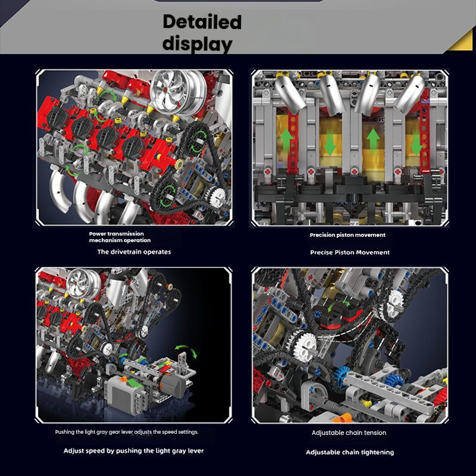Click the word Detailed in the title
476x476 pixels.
pyautogui.click(x=202, y=22)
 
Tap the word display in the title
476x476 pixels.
pyautogui.click(x=198, y=43)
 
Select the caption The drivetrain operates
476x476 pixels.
pyautogui.click(x=134, y=252)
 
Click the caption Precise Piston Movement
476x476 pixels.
pyautogui.click(x=350, y=252)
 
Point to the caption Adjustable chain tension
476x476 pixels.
pyautogui.click(x=349, y=433)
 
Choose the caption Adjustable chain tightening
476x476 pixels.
pyautogui.click(x=350, y=452)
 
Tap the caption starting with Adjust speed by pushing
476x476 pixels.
pyautogui.click(x=134, y=451)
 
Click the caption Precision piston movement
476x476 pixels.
pyautogui.click(x=347, y=235)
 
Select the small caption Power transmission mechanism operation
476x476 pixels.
pyautogui.click(x=120, y=237)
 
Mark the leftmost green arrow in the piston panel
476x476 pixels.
pyautogui.click(x=287, y=134)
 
